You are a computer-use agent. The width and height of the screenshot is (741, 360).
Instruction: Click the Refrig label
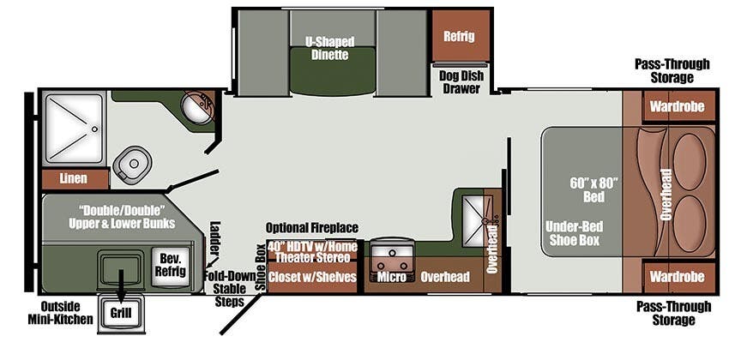pyautogui.click(x=458, y=36)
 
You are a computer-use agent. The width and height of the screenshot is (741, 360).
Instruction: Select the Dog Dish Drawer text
pyautogui.click(x=461, y=81)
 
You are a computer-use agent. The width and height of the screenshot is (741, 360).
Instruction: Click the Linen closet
pyautogui.click(x=75, y=178)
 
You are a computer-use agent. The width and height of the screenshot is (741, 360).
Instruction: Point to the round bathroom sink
pyautogui.click(x=198, y=108)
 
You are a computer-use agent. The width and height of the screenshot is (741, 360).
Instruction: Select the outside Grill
pyautogui.click(x=121, y=312)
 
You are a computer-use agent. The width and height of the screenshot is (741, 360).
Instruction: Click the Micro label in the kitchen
pyautogui.click(x=391, y=277)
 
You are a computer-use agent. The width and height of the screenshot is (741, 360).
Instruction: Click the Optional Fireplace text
pyautogui.click(x=312, y=228)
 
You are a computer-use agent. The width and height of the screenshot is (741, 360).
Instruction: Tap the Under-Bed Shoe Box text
pyautogui.click(x=574, y=233)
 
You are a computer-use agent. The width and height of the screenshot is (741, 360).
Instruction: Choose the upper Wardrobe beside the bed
pyautogui.click(x=677, y=106)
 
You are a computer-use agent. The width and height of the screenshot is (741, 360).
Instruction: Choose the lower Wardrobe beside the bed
pyautogui.click(x=677, y=276)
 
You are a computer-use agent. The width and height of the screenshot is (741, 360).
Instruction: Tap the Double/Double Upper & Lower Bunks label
pyautogui.click(x=122, y=217)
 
